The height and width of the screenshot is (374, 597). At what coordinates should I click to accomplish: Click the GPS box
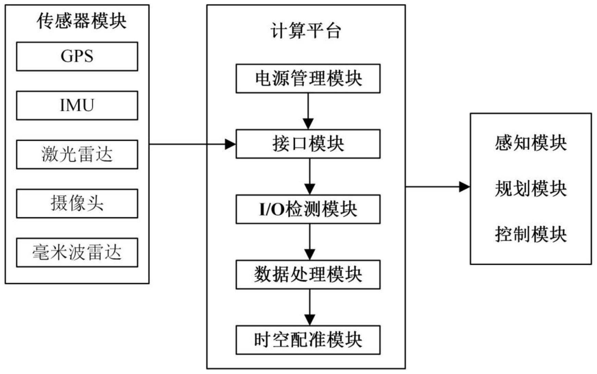77,57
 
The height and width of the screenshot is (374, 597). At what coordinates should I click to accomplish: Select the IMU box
77,105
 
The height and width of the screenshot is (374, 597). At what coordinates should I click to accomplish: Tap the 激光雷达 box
77,154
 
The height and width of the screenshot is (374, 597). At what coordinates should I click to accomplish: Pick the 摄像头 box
77,203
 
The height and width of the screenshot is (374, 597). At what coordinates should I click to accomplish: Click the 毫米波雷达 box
77,252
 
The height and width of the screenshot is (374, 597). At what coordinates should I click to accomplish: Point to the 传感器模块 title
82,21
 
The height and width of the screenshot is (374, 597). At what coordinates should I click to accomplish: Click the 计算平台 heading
306,31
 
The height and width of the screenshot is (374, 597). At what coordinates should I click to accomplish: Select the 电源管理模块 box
308,78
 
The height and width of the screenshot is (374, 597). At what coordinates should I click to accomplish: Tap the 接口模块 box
308,144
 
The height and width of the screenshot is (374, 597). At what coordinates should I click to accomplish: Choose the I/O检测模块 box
308,209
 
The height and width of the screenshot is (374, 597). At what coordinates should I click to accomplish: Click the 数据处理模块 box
308,275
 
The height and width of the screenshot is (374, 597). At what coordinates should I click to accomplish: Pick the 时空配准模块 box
308,340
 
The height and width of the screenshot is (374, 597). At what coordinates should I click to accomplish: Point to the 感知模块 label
531,143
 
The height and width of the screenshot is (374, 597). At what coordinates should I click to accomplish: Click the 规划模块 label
531,189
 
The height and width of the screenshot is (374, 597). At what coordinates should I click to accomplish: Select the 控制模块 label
531,235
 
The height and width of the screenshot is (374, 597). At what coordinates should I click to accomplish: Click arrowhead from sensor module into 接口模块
231,144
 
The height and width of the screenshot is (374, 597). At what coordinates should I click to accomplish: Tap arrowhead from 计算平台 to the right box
464,187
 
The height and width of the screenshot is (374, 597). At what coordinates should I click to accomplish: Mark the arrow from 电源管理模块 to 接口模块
308,111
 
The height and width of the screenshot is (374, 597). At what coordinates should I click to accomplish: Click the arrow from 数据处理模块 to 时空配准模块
310,307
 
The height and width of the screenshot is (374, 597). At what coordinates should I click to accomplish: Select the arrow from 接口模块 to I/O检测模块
310,176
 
